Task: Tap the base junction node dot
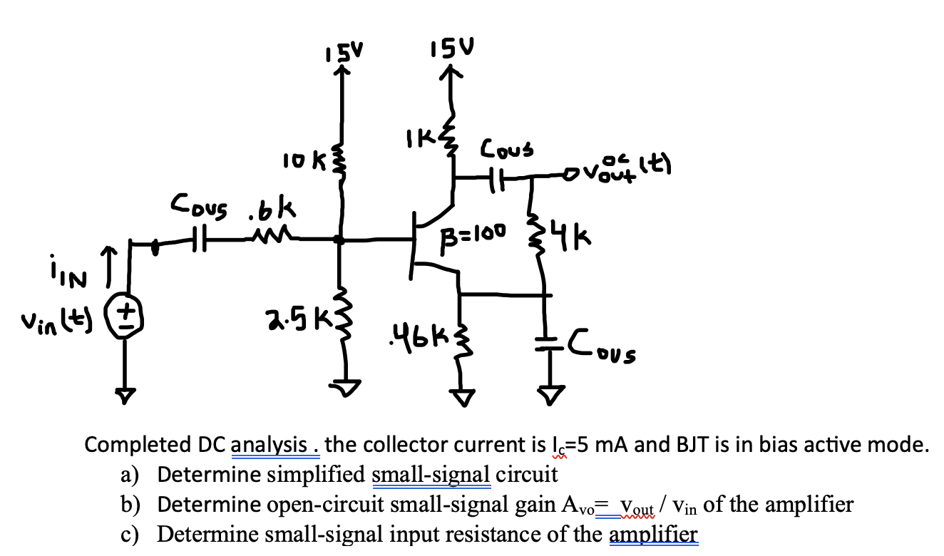[x=342, y=241]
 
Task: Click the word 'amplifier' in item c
[x=654, y=534]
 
